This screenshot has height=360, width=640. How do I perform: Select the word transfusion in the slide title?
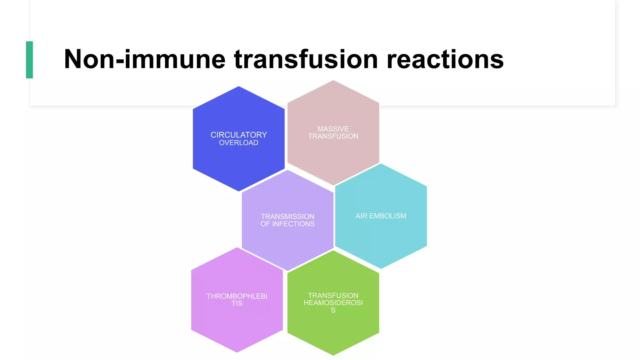(306, 59)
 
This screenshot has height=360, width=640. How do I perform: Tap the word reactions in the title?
(445, 59)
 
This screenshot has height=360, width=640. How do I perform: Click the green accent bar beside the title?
(29, 60)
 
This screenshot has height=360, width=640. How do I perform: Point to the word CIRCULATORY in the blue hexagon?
(239, 135)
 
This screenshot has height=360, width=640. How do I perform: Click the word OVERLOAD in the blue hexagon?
(239, 143)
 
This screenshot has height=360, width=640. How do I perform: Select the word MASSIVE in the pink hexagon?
(333, 129)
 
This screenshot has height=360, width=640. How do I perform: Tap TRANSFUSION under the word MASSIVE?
(333, 136)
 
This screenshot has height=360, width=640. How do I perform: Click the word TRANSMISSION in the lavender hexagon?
(287, 216)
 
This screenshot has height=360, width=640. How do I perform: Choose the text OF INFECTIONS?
(287, 224)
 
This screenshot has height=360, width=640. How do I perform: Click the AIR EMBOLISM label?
(381, 216)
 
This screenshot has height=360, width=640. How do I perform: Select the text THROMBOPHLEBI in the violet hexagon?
(237, 296)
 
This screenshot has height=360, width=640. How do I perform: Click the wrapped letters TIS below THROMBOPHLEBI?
(237, 303)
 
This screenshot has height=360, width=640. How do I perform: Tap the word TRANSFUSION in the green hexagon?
(333, 295)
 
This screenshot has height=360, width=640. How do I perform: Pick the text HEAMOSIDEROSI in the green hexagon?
(333, 302)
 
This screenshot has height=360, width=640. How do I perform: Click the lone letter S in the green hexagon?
(333, 310)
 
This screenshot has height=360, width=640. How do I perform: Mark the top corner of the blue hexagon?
(239, 87)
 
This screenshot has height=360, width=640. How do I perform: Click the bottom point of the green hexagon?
(333, 354)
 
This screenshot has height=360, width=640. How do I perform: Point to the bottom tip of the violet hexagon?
(237, 352)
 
